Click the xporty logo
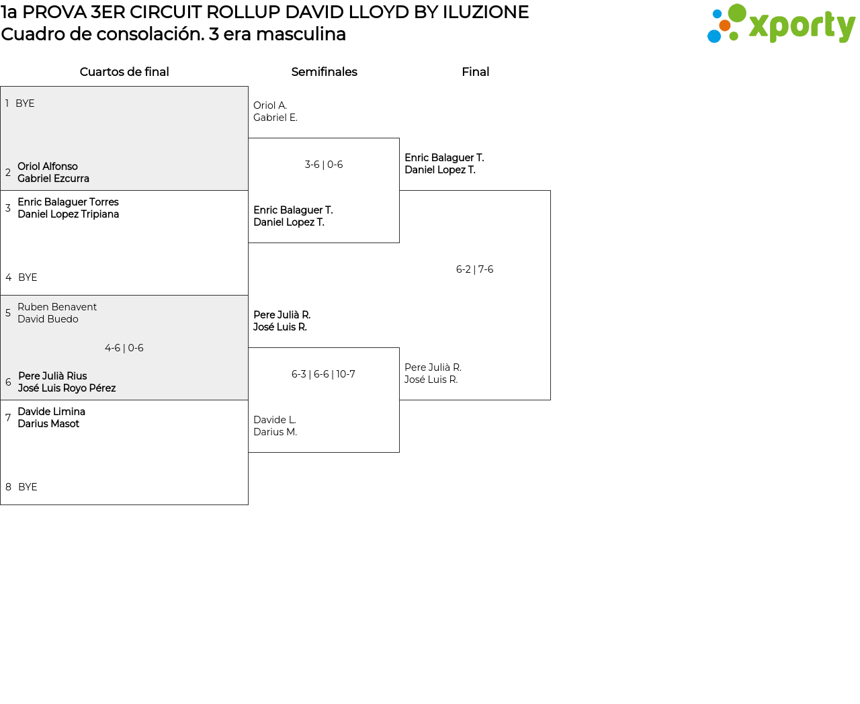pos(781,24)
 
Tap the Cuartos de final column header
pos(124,72)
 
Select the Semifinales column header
pos(324,72)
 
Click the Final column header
pos(475,72)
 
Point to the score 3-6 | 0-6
pos(324,165)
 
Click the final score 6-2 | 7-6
pos(474,269)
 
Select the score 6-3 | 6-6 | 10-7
pos(323,374)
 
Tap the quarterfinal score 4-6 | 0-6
pos(124,348)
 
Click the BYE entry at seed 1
pos(25,103)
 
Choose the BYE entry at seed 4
pos(28,277)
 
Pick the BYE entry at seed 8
pos(28,487)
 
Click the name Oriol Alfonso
pos(48,167)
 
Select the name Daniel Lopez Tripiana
pos(68,214)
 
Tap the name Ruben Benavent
pos(57,307)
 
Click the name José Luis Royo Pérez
pos(67,388)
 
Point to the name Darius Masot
pos(48,424)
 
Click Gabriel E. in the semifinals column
pos(275,118)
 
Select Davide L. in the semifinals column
pos(275,420)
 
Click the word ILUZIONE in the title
pos(485,12)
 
